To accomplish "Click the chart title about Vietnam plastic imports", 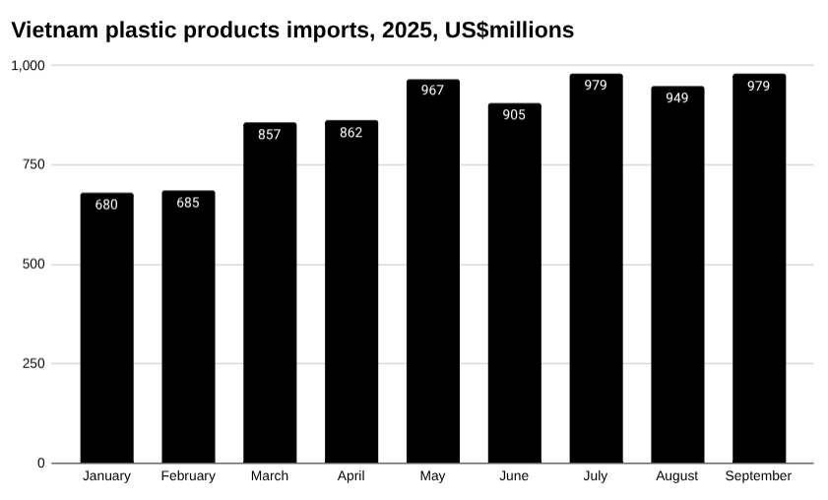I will coord(292,31).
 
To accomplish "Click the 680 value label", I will coord(106,205).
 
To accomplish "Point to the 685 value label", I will coord(188,203).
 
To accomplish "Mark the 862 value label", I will coord(351,133).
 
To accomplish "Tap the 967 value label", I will coord(432,91).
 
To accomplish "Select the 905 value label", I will coord(514,114).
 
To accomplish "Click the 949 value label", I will coord(677,97).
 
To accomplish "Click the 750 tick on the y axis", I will coord(33,164).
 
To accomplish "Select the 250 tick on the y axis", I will coord(33,363).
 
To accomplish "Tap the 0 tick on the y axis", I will coord(41,463).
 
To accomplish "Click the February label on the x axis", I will coord(188,476).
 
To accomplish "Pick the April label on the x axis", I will coord(351,476).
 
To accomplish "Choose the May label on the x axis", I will coord(432,476).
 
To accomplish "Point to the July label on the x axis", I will coord(596,476).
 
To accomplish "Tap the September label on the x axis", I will coord(758,476).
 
